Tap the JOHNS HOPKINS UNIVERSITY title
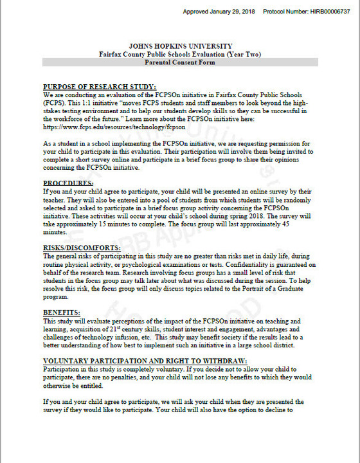click(x=179, y=47)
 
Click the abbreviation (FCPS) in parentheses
click(x=53, y=103)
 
